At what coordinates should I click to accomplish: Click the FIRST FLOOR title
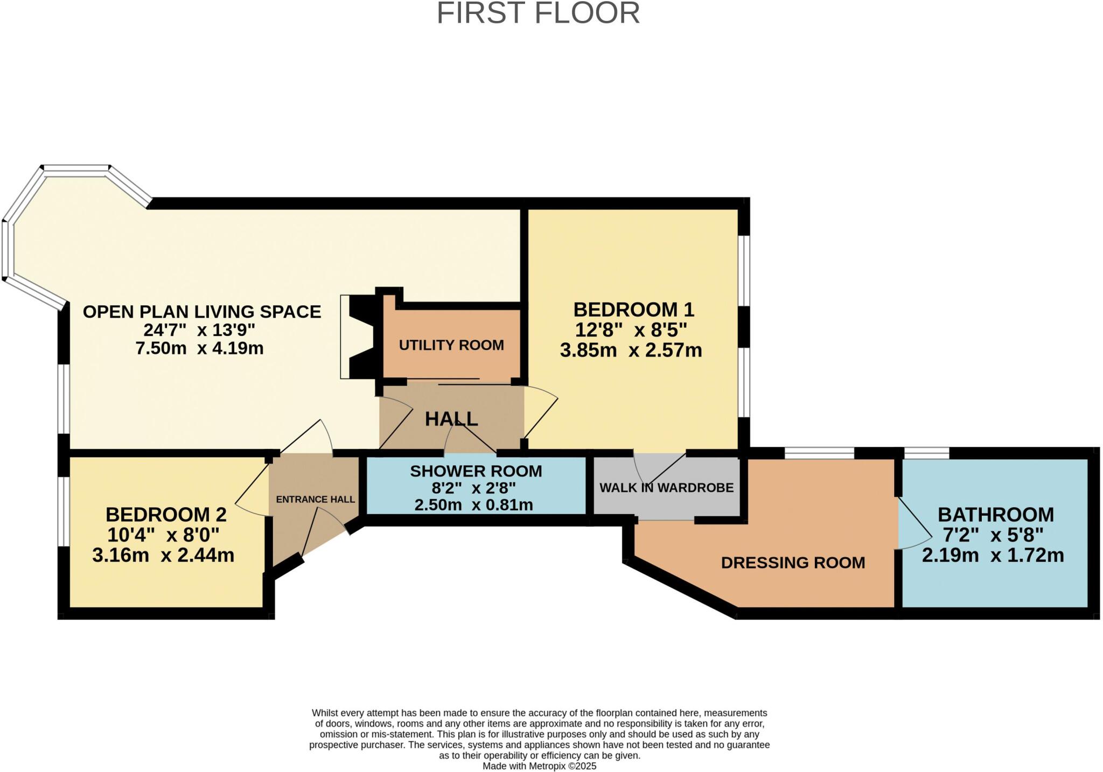point(537,13)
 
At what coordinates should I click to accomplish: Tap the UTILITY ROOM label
point(451,345)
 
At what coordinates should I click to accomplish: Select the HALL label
point(451,419)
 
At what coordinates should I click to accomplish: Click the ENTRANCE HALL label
point(315,500)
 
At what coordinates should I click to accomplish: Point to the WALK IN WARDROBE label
point(666,488)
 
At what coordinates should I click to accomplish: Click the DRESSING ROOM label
point(793,563)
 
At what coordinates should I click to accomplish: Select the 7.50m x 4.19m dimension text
point(199,348)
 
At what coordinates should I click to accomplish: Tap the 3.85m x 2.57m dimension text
point(631,350)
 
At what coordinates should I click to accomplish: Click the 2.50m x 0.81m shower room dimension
point(473,505)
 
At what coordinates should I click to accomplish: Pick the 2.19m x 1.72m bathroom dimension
point(993,555)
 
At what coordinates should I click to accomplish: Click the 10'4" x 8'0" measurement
point(163,535)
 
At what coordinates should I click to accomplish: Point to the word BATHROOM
point(995,515)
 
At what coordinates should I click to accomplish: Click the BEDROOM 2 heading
point(166,515)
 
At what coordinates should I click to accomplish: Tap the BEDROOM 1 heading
point(633,310)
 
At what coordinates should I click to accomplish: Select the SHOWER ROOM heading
point(476,471)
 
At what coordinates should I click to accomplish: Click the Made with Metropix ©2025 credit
point(539,766)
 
